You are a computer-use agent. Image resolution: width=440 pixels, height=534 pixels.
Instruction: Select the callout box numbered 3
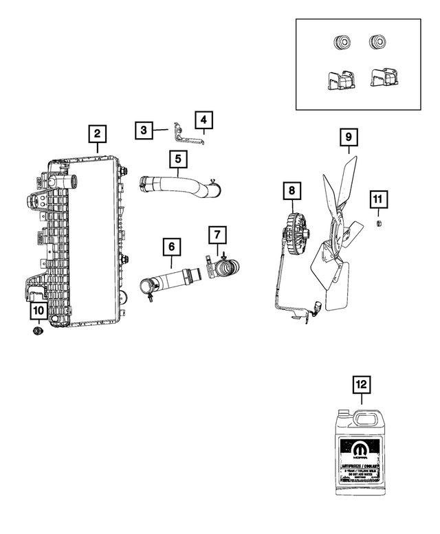(x=144, y=129)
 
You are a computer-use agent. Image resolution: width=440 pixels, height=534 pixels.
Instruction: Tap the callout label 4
(x=203, y=121)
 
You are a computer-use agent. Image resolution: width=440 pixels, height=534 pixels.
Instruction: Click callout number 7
(x=217, y=236)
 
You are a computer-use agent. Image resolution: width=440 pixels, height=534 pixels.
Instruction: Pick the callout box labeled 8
(x=291, y=189)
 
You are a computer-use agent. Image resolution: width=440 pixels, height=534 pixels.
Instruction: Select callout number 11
(x=377, y=200)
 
